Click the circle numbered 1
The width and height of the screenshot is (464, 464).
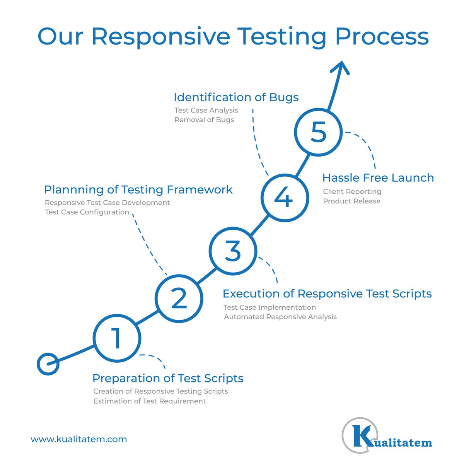tap(117, 338)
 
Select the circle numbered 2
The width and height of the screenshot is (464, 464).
tap(179, 298)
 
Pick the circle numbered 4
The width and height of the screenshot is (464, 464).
tap(284, 198)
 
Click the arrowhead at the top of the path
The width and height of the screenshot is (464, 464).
tap(340, 67)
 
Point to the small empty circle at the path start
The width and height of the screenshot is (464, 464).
tap(48, 364)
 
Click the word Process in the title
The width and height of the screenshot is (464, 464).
tap(382, 37)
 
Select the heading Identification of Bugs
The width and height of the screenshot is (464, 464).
tap(236, 97)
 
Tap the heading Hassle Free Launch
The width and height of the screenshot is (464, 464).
tap(378, 178)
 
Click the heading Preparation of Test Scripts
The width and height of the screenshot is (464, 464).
tap(168, 378)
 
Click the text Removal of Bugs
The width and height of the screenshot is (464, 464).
tap(204, 120)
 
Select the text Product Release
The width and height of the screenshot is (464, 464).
tap(351, 201)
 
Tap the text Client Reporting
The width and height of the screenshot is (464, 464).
tap(352, 191)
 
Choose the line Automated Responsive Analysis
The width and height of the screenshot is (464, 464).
tap(280, 317)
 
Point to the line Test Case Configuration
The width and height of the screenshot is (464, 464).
tap(87, 212)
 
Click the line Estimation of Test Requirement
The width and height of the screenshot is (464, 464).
tap(149, 401)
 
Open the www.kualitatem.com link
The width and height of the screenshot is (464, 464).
tap(79, 439)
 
